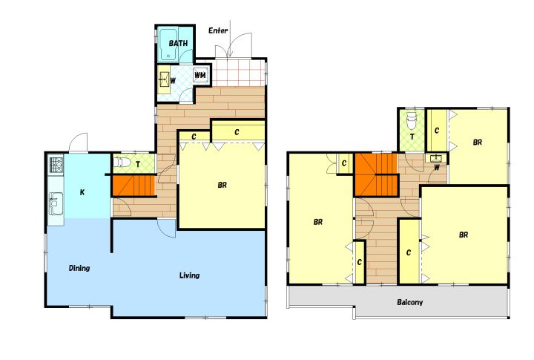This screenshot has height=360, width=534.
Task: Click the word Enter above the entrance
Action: pyautogui.click(x=218, y=30)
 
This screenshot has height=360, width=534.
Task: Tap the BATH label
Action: pyautogui.click(x=178, y=43)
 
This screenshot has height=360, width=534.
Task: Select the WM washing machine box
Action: pyautogui.click(x=200, y=75)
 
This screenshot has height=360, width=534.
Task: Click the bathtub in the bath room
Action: pyautogui.click(x=168, y=45)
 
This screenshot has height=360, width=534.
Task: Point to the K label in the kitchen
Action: pyautogui.click(x=82, y=192)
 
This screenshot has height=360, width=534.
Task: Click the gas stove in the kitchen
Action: pyautogui.click(x=56, y=165)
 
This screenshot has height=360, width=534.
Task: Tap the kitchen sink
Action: pyautogui.click(x=56, y=203)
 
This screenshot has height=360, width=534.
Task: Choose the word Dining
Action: pyautogui.click(x=79, y=268)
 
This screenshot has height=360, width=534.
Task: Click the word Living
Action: pyautogui.click(x=189, y=275)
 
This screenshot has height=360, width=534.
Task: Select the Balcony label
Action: pyautogui.click(x=409, y=302)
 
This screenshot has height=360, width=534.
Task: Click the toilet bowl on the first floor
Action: pyautogui.click(x=122, y=163)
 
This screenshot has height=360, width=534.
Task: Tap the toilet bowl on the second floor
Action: pyautogui.click(x=412, y=121)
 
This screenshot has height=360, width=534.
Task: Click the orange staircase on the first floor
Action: pyautogui.click(x=133, y=186)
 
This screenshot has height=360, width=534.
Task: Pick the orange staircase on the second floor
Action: pyautogui.click(x=376, y=175)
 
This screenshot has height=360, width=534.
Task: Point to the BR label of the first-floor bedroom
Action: pyautogui.click(x=222, y=185)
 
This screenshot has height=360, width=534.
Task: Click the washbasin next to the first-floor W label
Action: pyautogui.click(x=164, y=79)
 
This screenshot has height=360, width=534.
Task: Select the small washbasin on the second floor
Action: pyautogui.click(x=435, y=159)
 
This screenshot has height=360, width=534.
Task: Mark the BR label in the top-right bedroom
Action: pyautogui.click(x=478, y=143)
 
